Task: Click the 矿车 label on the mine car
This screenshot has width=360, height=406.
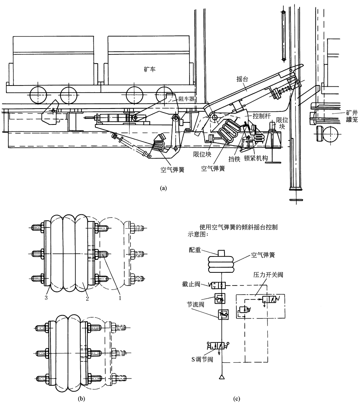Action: (x=149, y=70)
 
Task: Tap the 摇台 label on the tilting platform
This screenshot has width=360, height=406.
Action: (x=242, y=79)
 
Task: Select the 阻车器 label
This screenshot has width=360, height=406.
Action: (x=186, y=99)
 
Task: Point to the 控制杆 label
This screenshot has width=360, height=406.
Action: (x=261, y=116)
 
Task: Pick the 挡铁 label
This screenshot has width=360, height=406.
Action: (x=234, y=159)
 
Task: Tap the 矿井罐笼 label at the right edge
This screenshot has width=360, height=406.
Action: (x=352, y=116)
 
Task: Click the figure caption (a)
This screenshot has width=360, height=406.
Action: (x=164, y=188)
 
